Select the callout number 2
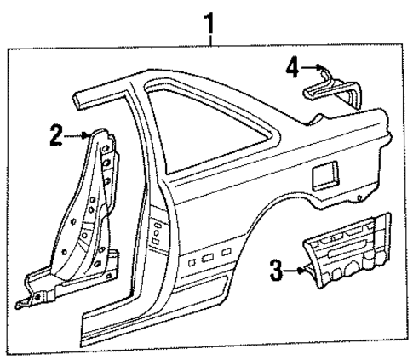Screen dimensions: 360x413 click(57, 134)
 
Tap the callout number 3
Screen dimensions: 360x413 click(275, 271)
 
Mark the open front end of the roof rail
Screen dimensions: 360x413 click(78, 100)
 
